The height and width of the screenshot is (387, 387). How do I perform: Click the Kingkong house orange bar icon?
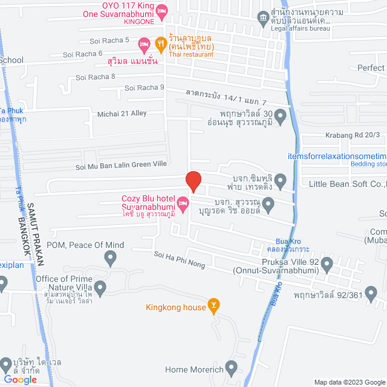(x=213, y=307)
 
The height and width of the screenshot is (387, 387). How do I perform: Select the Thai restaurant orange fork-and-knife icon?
(x=160, y=42)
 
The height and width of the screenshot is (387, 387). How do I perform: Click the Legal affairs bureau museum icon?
(x=264, y=17)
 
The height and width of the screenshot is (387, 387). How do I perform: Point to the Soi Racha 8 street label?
(x=96, y=77)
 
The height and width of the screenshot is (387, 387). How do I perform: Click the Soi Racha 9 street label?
(x=145, y=88)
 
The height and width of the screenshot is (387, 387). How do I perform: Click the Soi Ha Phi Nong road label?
(x=180, y=261)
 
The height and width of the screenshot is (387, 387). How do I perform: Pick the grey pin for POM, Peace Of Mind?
(x=110, y=259)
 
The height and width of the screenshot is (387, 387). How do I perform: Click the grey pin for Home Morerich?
(x=231, y=368)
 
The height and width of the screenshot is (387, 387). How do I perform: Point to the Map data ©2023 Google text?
(x=348, y=382)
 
